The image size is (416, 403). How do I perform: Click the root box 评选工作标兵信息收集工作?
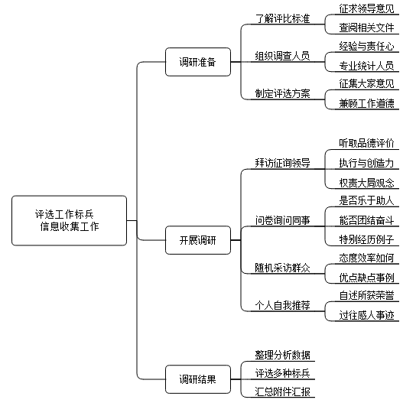[x=70, y=220]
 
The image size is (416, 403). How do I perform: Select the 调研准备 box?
[x=198, y=62]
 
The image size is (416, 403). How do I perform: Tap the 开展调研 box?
[x=198, y=240]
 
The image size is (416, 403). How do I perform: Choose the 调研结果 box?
[x=198, y=379]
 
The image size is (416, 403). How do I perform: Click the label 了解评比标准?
[x=282, y=18]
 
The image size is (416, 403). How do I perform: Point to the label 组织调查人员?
[x=282, y=56]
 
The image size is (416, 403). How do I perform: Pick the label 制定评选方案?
[x=282, y=93]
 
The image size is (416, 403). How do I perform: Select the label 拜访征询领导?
[x=282, y=163]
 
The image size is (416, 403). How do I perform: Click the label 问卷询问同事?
[x=282, y=220]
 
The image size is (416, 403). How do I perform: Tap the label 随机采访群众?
[x=282, y=268]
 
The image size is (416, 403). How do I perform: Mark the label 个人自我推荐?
[x=282, y=305]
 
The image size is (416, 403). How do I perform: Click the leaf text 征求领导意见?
[x=366, y=8]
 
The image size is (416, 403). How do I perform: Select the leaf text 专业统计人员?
[x=366, y=66]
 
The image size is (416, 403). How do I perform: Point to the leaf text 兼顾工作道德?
[x=366, y=103]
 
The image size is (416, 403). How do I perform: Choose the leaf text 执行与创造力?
[x=366, y=163]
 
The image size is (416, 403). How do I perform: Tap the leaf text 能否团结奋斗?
[x=366, y=220]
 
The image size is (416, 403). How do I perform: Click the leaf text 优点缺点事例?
[x=366, y=278]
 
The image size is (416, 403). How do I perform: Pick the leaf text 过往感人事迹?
[x=366, y=315]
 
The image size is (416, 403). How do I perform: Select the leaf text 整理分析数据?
[x=282, y=355]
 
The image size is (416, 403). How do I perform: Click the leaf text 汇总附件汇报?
[x=282, y=392]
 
